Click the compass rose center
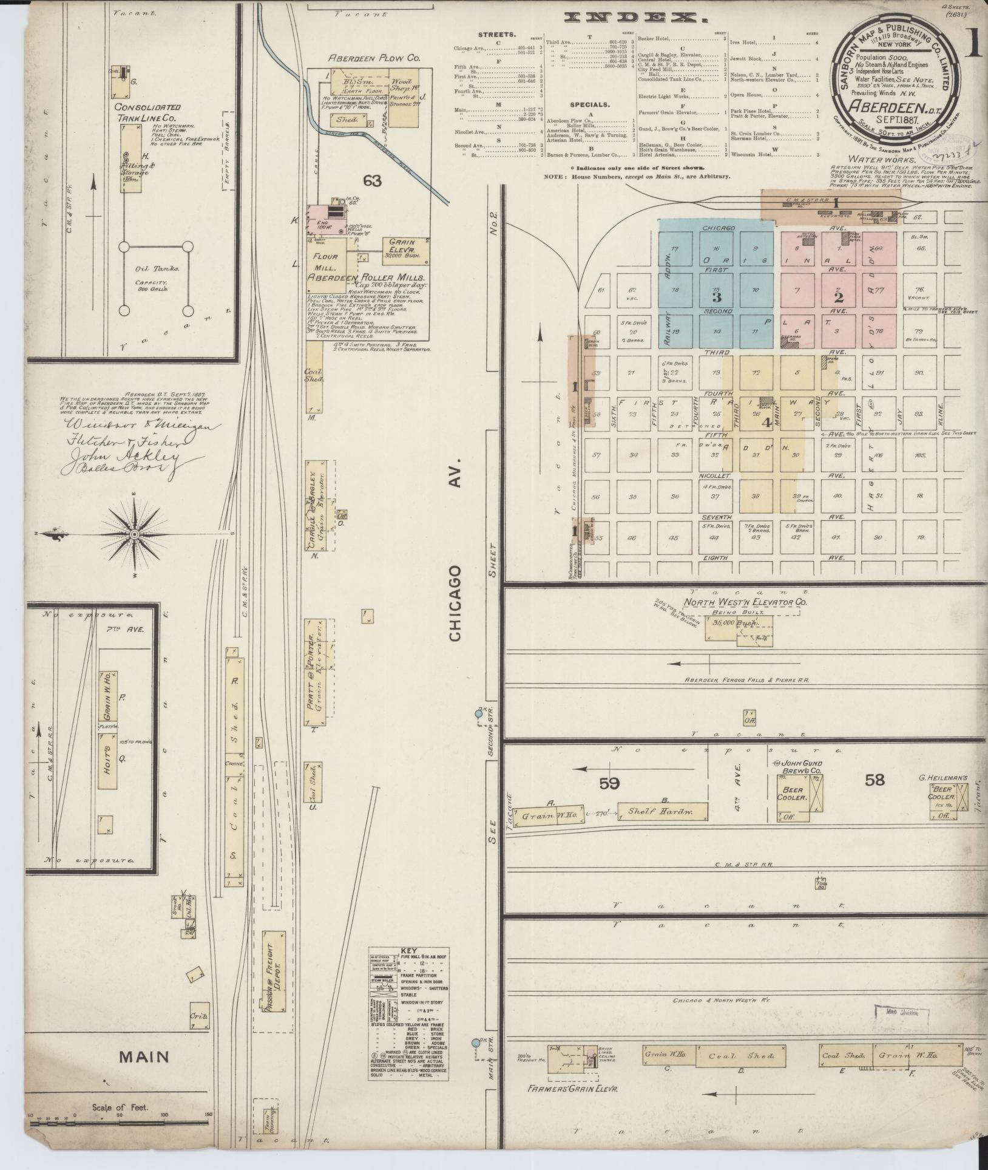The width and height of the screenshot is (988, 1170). click(x=134, y=534)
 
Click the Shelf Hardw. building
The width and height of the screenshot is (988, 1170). click(x=663, y=811)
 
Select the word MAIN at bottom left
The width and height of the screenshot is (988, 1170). click(x=144, y=1057)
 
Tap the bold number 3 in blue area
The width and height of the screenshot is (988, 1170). click(x=717, y=298)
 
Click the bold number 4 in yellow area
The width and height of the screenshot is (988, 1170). click(x=766, y=423)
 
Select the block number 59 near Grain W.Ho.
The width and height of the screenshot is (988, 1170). click(x=609, y=783)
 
